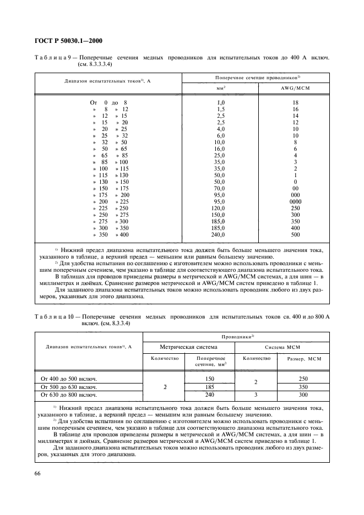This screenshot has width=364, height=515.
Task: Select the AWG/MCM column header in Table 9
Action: tap(294, 87)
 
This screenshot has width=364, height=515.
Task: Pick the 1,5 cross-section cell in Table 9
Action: tap(220, 109)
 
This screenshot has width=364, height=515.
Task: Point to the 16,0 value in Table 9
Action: tap(220, 149)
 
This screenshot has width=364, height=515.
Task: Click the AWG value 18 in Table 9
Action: tap(295, 102)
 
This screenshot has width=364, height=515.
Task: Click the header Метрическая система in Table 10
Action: tap(188, 347)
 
